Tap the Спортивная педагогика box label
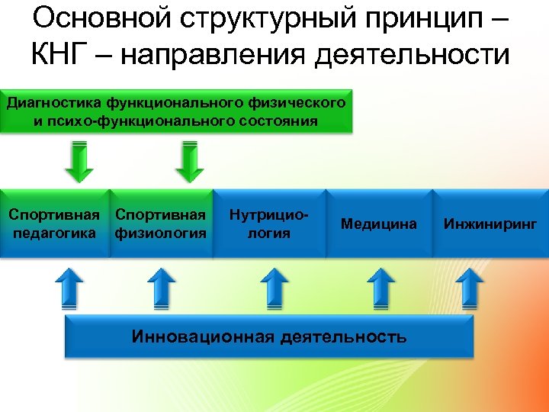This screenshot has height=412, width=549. point(54,224)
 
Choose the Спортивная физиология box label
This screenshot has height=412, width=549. point(160,224)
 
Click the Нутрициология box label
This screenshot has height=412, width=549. point(270,224)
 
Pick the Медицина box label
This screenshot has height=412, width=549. point(379,224)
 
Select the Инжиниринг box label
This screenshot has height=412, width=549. point(491,224)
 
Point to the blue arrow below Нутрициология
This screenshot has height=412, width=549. point(274,287)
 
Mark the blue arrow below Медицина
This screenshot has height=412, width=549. point(381,287)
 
